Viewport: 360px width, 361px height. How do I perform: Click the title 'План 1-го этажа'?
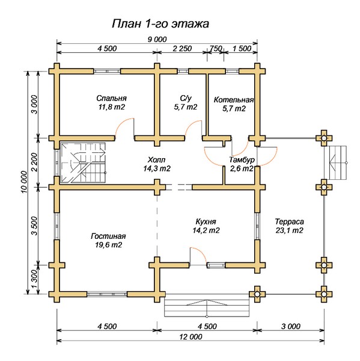[x=160, y=23]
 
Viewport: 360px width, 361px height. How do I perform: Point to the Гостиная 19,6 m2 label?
[x=108, y=240]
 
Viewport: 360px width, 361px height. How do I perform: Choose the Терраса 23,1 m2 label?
[x=289, y=226]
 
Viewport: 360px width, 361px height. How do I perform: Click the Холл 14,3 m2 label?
[x=157, y=164]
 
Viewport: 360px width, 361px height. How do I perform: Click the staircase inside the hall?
[x=83, y=163]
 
